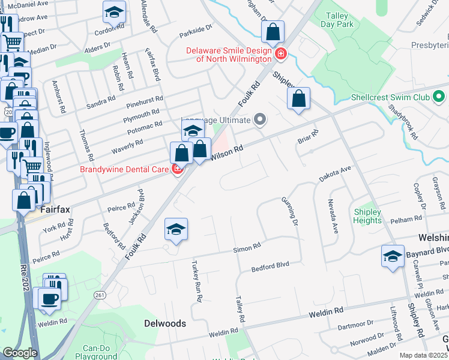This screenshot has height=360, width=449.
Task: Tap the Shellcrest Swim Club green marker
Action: pos(439,96)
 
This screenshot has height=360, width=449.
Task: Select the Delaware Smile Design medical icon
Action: pos(280,55)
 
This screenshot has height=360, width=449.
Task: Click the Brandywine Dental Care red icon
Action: pos(177,169)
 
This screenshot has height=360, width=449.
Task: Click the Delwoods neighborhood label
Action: pos(165,323)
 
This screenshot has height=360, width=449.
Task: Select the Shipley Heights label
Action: pos(367,216)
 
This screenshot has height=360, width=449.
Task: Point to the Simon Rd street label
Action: pos(247,247)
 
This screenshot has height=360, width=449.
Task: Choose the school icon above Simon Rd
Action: pos(176,230)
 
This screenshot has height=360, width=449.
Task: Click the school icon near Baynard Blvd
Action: pos(393,256)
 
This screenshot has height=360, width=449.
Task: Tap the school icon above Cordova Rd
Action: pos(113,11)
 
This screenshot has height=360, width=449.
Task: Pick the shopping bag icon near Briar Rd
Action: pos(298,99)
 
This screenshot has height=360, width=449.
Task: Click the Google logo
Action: pos(20,353)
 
